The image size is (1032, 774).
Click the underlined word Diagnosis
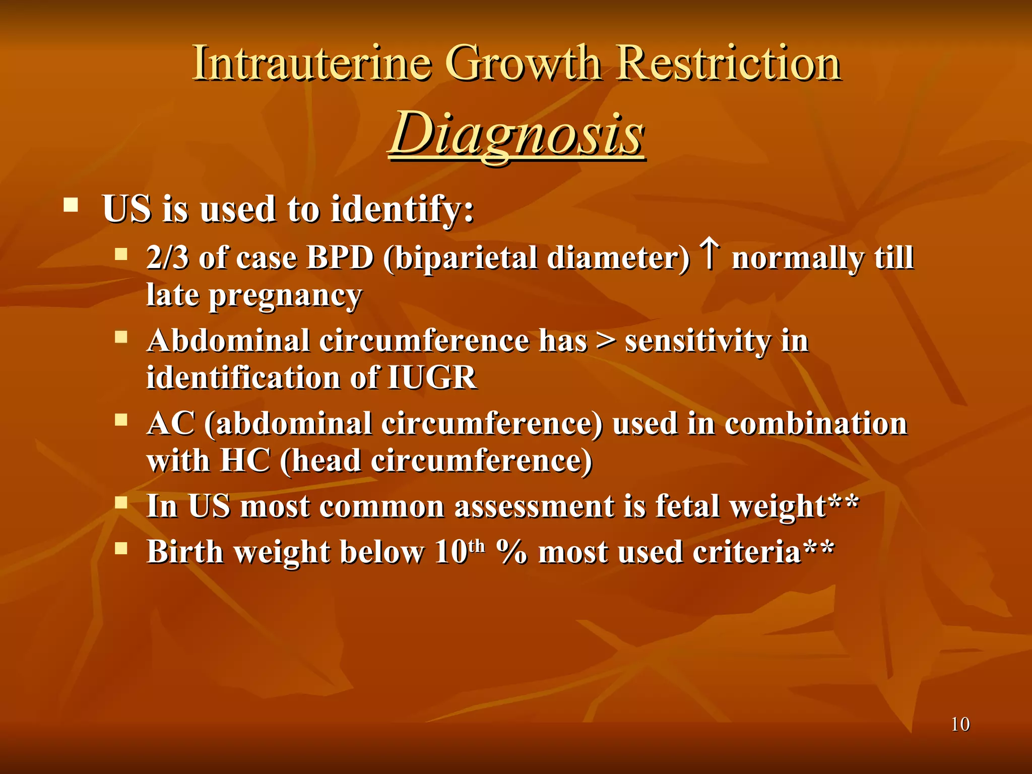coord(517,134)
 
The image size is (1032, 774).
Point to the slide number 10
coord(960,724)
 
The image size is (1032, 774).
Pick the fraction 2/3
coord(167,257)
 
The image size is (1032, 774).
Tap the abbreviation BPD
coord(340,257)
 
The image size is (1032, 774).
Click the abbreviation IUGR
coord(432,377)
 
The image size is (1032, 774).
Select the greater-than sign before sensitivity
coord(605,341)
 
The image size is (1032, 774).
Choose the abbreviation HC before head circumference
coord(245,461)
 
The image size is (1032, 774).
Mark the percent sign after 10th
coord(511,552)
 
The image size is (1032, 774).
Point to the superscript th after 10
coord(476,546)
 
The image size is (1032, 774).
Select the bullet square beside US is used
coord(71,205)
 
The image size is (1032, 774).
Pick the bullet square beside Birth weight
coord(121,548)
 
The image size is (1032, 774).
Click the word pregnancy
coord(285,296)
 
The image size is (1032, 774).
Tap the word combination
coord(816,423)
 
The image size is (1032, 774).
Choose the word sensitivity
coord(698,341)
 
